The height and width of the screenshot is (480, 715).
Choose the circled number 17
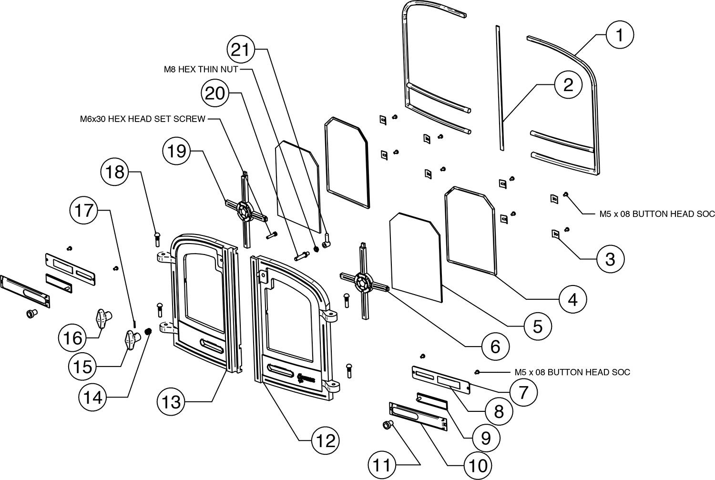(x=85, y=210)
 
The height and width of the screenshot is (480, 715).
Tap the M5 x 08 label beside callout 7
(x=572, y=372)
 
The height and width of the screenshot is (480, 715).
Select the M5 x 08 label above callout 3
(x=656, y=214)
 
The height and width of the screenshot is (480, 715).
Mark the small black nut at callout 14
(x=148, y=331)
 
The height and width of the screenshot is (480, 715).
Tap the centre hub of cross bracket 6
(x=364, y=282)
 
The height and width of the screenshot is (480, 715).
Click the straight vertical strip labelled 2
(x=500, y=88)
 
